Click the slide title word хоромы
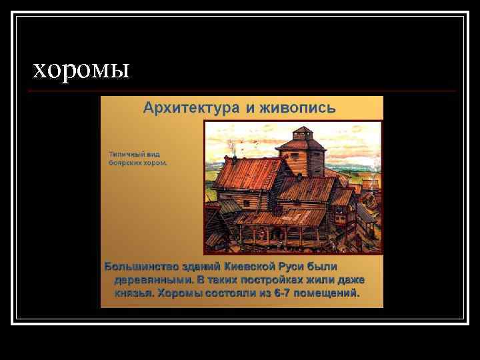(x=81, y=69)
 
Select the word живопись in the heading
(x=301, y=108)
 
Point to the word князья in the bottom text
(x=135, y=293)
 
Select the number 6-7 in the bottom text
(x=282, y=293)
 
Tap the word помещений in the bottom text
(x=327, y=293)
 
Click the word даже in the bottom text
(x=349, y=279)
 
